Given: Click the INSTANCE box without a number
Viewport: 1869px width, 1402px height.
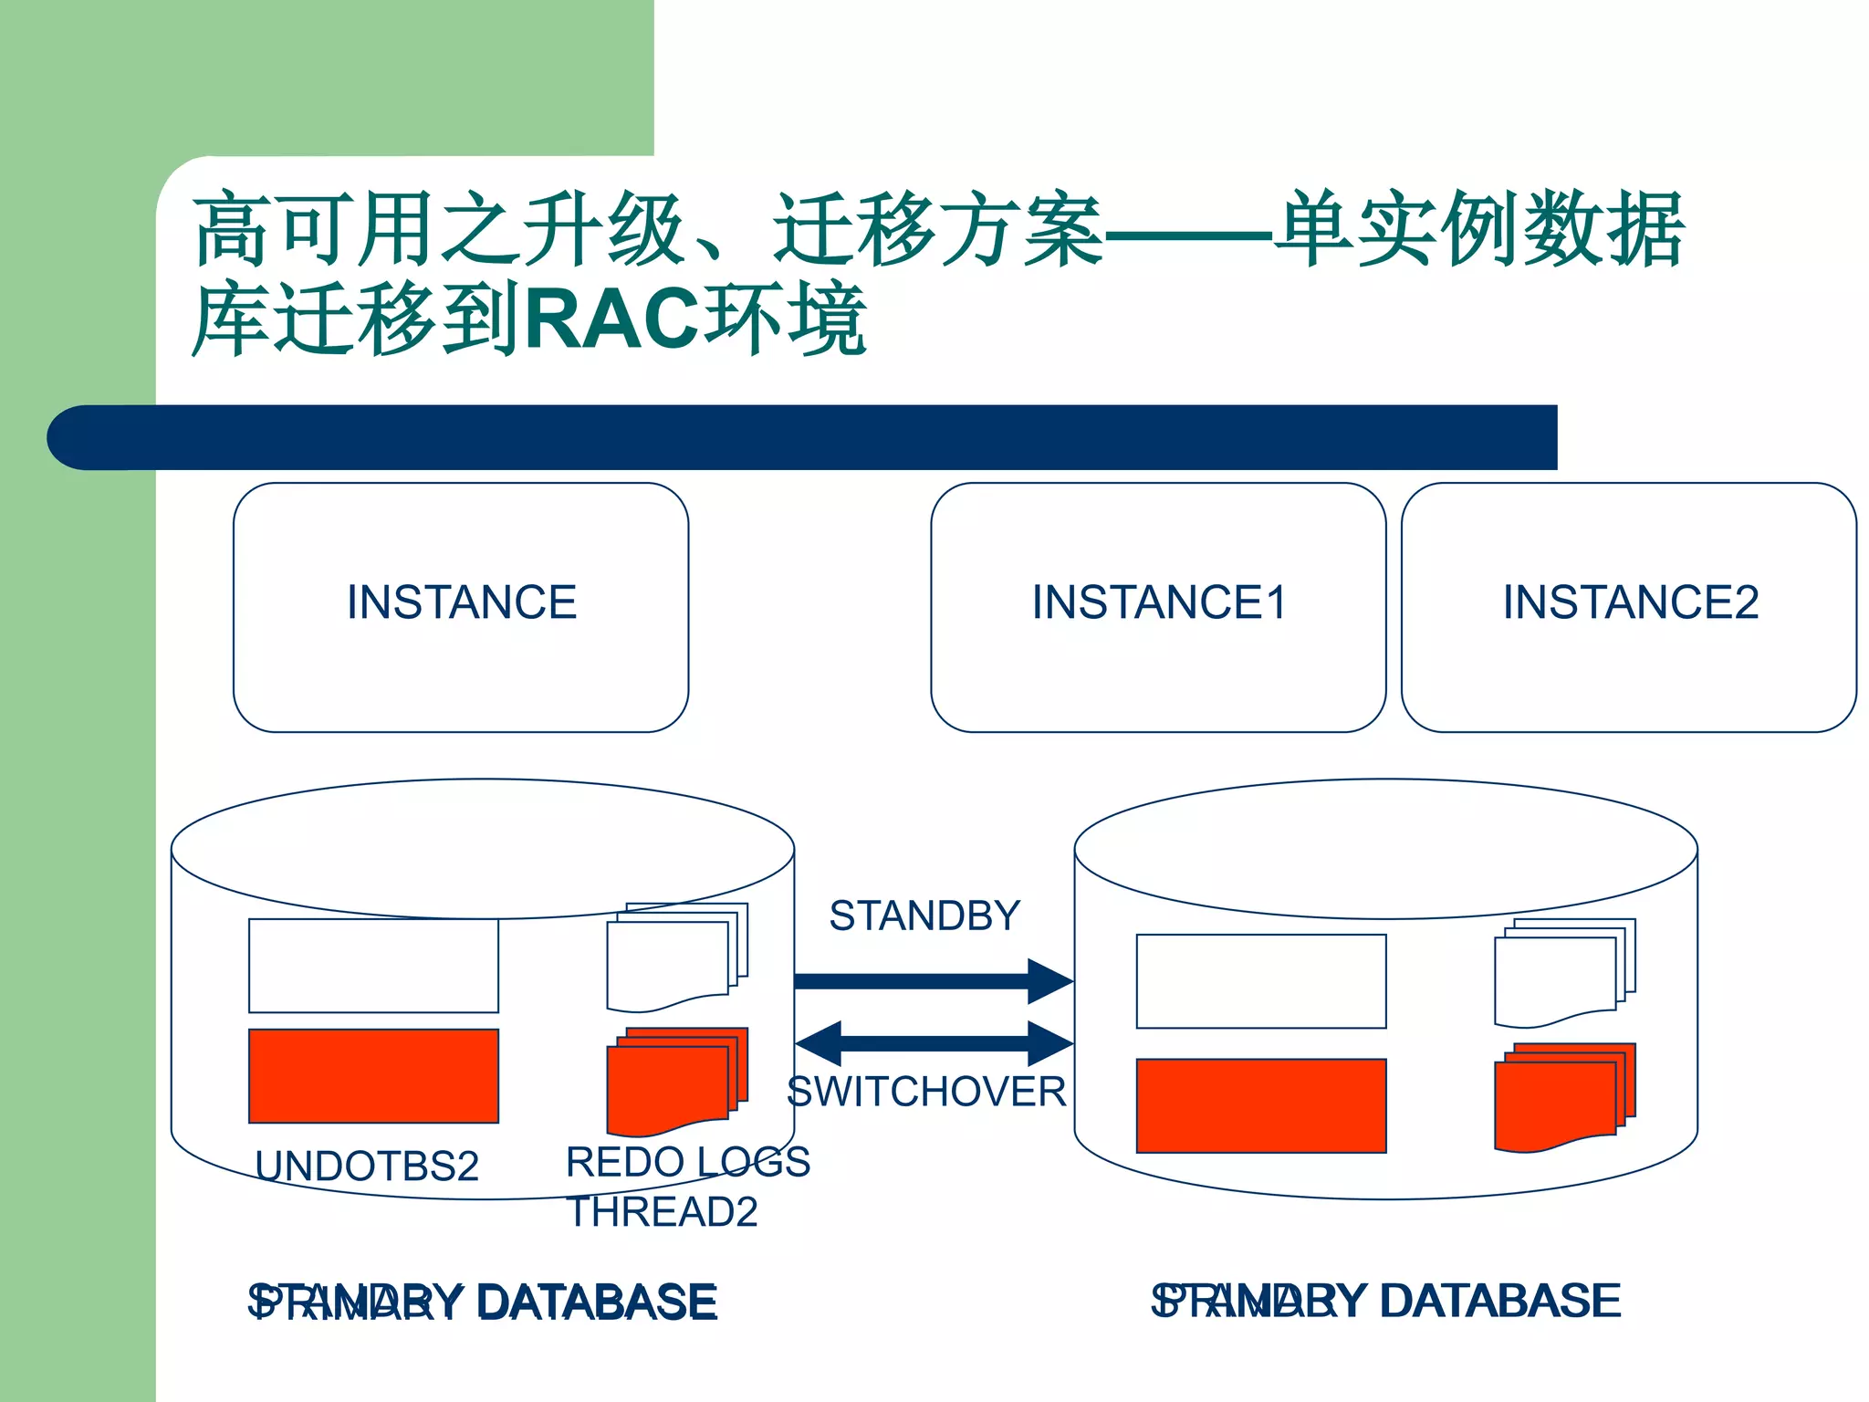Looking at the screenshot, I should (x=461, y=606).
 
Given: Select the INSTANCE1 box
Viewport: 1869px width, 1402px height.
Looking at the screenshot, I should (x=1158, y=606).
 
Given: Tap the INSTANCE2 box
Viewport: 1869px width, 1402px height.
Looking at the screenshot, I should (x=1629, y=606).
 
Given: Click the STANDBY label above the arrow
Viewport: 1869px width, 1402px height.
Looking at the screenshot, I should (x=924, y=915).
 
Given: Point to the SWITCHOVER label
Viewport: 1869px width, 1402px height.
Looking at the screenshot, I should (x=925, y=1092).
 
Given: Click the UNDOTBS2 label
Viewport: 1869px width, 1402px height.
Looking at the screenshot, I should (x=367, y=1167).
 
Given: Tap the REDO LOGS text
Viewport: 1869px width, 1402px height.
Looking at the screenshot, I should (x=687, y=1162).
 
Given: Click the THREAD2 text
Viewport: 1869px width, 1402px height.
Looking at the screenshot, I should (x=662, y=1212).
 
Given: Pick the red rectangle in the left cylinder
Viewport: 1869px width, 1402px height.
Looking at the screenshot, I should (x=373, y=1076).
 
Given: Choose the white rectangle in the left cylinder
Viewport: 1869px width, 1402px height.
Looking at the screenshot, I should (x=373, y=966).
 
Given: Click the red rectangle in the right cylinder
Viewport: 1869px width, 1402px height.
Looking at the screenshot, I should (x=1260, y=1105).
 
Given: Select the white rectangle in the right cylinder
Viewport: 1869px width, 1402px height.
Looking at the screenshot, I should (x=1260, y=981).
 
